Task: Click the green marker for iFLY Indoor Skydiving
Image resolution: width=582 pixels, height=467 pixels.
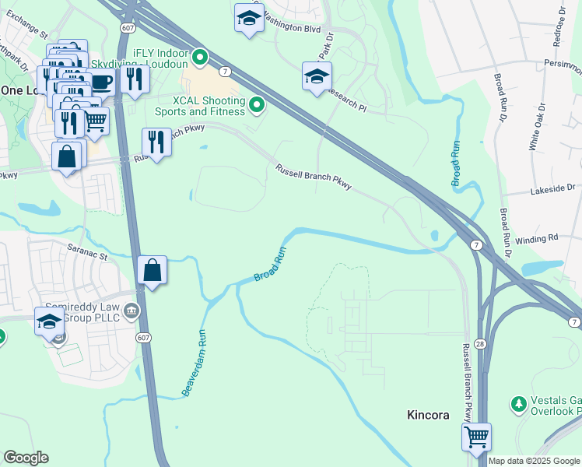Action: pos(200,57)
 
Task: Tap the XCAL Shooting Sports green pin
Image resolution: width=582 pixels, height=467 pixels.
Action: pos(256,104)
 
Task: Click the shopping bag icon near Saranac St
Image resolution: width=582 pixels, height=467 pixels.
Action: pos(153,272)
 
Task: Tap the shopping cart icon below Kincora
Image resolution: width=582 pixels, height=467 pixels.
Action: pos(476,437)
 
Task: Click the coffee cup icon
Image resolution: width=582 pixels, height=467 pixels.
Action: pos(102,81)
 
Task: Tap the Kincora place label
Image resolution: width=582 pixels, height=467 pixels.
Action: pos(428,415)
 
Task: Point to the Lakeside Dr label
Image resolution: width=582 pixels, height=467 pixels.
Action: pos(552,188)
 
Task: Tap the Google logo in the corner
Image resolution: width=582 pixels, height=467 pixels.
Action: pos(26,457)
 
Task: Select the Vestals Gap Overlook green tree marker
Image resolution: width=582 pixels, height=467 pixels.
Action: pos(518,404)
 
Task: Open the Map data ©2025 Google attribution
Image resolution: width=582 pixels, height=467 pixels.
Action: pos(534,461)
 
